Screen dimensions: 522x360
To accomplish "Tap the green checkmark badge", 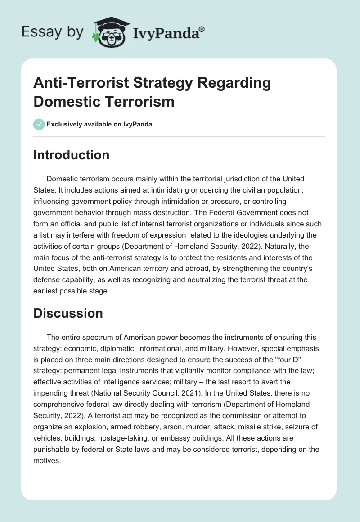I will coord(39,124).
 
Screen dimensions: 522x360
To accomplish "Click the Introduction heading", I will coord(71,155).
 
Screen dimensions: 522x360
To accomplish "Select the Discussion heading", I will coord(68,313).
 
